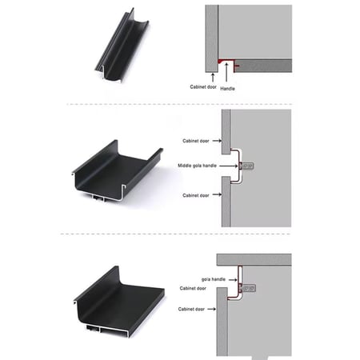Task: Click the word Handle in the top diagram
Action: [x=227, y=89]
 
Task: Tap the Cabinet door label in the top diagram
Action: [x=203, y=87]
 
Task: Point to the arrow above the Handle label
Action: [x=226, y=72]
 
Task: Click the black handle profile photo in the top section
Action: [x=122, y=46]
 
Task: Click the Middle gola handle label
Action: [x=197, y=166]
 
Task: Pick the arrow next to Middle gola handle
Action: [x=228, y=166]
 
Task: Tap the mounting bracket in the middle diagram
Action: [x=246, y=166]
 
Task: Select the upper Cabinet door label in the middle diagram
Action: [x=196, y=141]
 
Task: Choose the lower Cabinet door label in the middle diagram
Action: [x=196, y=195]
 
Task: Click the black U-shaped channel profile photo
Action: [x=118, y=170]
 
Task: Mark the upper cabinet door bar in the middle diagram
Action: [x=226, y=132]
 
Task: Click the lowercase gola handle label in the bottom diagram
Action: [x=214, y=279]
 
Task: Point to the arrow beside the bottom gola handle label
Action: [x=233, y=280]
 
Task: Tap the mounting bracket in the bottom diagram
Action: [x=248, y=288]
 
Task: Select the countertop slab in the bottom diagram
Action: [x=254, y=259]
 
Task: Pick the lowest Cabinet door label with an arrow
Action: [x=191, y=309]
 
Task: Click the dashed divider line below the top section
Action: [x=179, y=104]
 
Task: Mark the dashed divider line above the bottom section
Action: [x=175, y=234]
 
